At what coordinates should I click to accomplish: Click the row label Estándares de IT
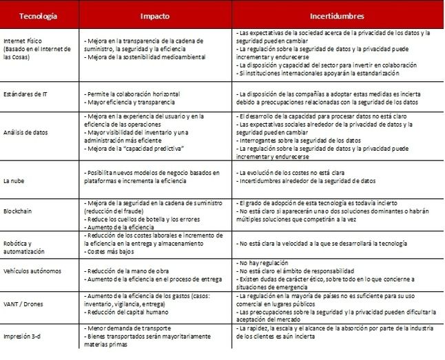point(27,93)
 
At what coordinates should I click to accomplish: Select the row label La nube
point(16,180)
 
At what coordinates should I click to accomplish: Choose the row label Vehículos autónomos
point(33,273)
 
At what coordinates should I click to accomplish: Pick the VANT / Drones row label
point(24,304)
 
